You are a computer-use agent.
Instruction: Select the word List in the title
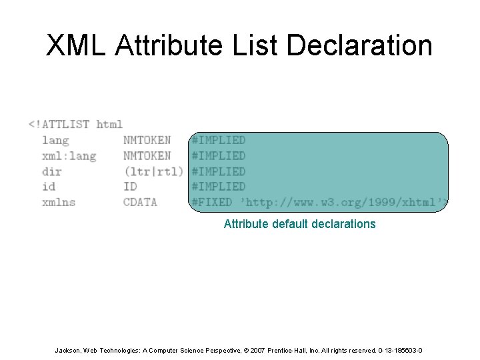point(246,46)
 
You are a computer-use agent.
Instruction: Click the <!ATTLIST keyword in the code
point(59,124)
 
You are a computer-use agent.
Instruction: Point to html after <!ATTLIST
point(110,124)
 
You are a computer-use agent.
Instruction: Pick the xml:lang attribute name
point(69,155)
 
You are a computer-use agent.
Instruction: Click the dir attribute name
point(52,171)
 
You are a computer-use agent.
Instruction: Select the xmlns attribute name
point(59,202)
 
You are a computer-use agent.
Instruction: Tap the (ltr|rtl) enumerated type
point(153,171)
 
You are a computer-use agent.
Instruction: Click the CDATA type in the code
point(140,202)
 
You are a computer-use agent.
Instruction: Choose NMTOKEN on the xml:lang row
point(147,155)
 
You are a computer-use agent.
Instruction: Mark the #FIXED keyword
point(212,202)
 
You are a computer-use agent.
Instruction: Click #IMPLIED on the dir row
point(219,171)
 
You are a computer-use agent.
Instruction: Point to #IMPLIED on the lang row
point(219,140)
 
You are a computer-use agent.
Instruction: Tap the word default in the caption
point(288,224)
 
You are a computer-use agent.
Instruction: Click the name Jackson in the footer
point(67,350)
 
